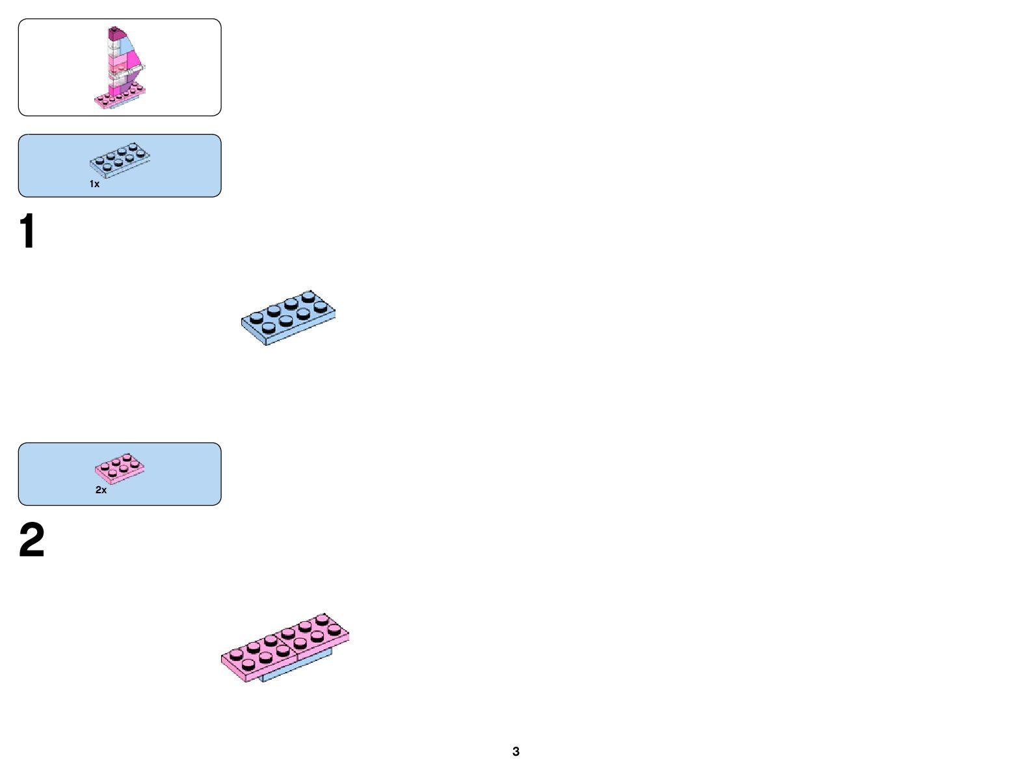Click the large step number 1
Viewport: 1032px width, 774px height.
pyautogui.click(x=27, y=231)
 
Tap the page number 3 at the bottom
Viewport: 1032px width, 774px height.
pyautogui.click(x=516, y=751)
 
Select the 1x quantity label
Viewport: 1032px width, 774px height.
pyautogui.click(x=94, y=184)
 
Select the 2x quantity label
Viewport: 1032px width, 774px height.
pyautogui.click(x=101, y=490)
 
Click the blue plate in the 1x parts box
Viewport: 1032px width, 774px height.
pyautogui.click(x=120, y=160)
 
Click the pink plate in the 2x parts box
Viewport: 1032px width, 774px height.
pyautogui.click(x=120, y=468)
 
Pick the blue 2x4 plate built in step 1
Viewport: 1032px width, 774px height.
pyautogui.click(x=288, y=318)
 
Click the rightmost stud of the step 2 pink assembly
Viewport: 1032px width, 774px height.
pyautogui.click(x=334, y=629)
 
